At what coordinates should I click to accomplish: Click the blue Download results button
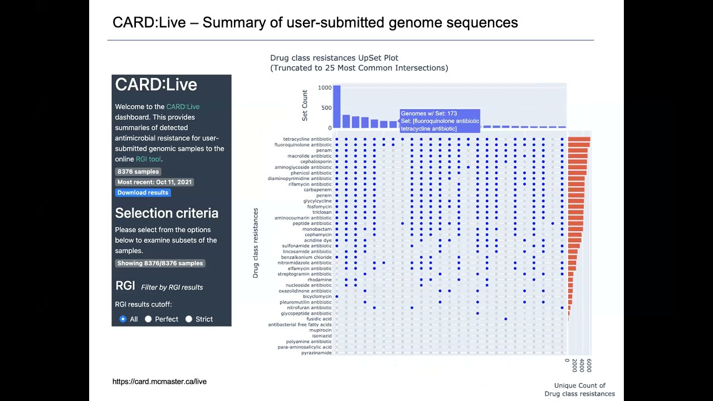coord(143,193)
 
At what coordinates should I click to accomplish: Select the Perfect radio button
coord(148,319)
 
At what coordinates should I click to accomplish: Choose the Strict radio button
coord(189,319)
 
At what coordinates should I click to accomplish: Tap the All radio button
coord(123,319)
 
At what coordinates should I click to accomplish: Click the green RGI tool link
coord(148,159)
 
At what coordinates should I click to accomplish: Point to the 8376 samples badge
coord(138,172)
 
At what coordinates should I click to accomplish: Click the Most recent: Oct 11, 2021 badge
coord(154,182)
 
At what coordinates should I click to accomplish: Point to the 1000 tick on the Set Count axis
coord(325,88)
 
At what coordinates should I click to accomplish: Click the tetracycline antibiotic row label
coord(307,139)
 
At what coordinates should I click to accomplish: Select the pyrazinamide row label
coord(316,353)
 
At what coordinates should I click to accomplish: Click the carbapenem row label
coord(318,190)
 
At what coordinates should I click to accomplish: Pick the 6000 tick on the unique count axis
coord(589,365)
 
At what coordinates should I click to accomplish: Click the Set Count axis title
coord(305,105)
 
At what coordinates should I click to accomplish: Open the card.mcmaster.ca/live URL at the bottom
coord(159,382)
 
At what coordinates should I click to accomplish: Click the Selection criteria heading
coord(167,213)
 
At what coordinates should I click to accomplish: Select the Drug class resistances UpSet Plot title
coord(334,58)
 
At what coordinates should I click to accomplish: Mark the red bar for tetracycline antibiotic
coord(579,139)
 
